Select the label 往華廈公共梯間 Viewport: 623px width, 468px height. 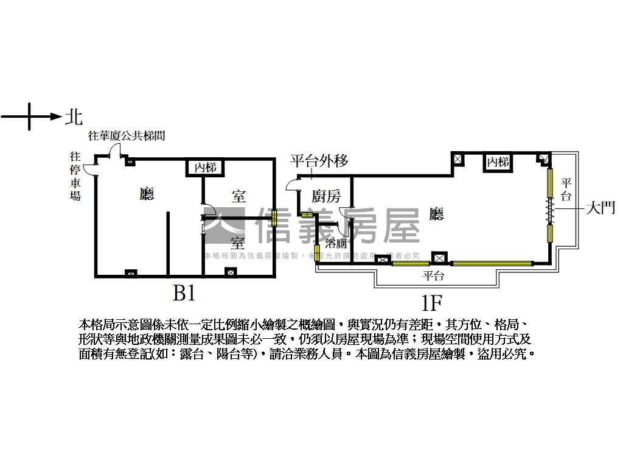pyautogui.click(x=127, y=136)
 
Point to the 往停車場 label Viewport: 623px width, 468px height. pyautogui.click(x=75, y=177)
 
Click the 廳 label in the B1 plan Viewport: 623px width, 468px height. pyautogui.click(x=147, y=194)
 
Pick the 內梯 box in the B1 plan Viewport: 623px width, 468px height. pyautogui.click(x=205, y=168)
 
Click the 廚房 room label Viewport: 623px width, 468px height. pyautogui.click(x=326, y=196)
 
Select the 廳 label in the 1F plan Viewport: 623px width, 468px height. pyautogui.click(x=436, y=213)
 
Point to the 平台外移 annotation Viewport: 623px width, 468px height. pyautogui.click(x=319, y=161)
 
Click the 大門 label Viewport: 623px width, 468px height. pyautogui.click(x=600, y=208)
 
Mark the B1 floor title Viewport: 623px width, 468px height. pyautogui.click(x=184, y=294)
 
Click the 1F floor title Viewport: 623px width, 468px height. pyautogui.click(x=430, y=302)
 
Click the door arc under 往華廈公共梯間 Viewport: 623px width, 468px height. pyautogui.click(x=114, y=152)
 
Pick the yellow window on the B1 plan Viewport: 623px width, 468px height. pyautogui.click(x=274, y=218)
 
